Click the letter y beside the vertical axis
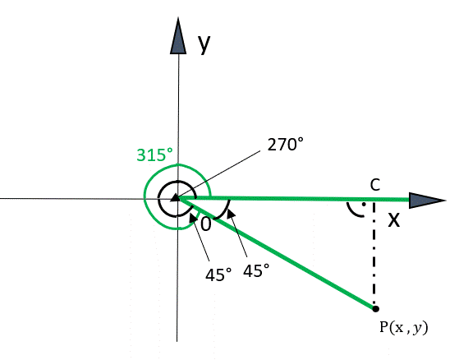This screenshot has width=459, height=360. click(204, 44)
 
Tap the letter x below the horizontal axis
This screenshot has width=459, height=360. click(393, 220)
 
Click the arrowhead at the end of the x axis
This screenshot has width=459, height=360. click(427, 201)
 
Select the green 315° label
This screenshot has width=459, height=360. click(155, 155)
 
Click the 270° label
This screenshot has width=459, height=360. click(286, 145)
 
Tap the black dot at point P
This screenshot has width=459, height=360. click(375, 309)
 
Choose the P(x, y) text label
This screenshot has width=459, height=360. click(404, 327)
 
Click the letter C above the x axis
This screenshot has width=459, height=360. click(375, 185)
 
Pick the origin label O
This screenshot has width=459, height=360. click(206, 224)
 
